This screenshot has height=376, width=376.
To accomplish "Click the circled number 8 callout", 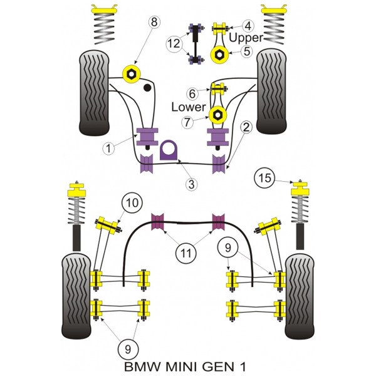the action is click(x=154, y=23).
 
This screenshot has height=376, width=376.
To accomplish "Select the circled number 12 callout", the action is click(x=174, y=43).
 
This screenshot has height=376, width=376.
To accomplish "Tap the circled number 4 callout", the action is click(x=248, y=26).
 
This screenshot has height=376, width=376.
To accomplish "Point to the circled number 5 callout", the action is click(x=247, y=51).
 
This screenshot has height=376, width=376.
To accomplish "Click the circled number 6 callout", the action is click(x=192, y=94).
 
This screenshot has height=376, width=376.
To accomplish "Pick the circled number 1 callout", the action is click(x=108, y=148).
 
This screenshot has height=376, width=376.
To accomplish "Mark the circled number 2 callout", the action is click(x=246, y=127).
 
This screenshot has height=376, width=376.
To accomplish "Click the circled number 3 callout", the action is click(x=191, y=184).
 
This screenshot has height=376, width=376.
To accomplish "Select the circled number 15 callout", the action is click(x=264, y=178).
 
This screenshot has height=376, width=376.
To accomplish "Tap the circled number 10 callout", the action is click(x=132, y=203).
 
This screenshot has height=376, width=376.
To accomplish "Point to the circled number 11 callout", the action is click(x=186, y=253).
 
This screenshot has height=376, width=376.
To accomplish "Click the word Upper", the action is click(x=246, y=38).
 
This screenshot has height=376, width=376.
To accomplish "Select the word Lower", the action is click(x=189, y=107).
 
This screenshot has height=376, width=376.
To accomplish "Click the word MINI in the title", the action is click(x=181, y=367).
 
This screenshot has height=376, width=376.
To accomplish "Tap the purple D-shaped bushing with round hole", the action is click(x=169, y=150).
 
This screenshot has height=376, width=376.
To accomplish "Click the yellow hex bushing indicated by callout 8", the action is click(x=131, y=74).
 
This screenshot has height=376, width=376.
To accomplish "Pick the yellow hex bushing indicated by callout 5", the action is click(x=219, y=55).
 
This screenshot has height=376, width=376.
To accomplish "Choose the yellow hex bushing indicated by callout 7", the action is click(x=217, y=115).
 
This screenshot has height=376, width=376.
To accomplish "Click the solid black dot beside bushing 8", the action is click(x=147, y=88).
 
